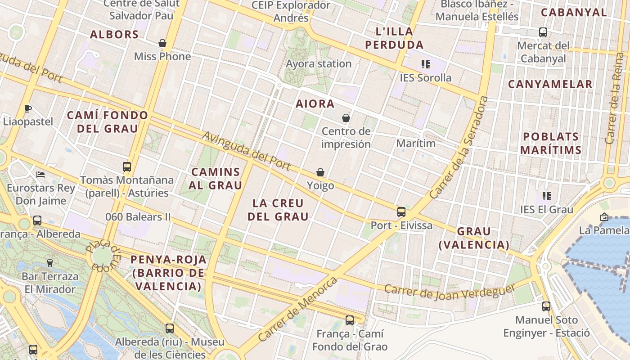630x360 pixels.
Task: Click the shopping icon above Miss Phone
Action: [162, 43]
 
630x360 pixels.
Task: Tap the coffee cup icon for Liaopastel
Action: [28, 108]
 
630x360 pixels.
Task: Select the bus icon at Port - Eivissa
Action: [401, 212]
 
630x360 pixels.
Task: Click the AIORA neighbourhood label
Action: [315, 104]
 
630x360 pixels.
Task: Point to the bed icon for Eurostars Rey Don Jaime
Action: [40, 174]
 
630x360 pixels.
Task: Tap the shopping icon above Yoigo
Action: [320, 172]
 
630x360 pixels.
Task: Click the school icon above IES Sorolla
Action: [425, 64]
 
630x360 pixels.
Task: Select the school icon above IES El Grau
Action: [547, 196]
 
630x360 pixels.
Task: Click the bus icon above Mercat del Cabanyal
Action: [543, 32]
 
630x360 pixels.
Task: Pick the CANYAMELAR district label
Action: [550, 84]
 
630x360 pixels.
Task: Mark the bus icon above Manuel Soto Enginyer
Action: [546, 306]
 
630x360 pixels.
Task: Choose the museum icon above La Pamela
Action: [604, 217]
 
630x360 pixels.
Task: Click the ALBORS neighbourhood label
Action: [114, 35]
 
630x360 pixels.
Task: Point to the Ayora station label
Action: [319, 63]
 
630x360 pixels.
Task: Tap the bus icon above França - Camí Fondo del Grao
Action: [350, 320]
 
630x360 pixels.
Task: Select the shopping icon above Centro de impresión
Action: [346, 118]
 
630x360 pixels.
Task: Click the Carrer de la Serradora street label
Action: [459, 148]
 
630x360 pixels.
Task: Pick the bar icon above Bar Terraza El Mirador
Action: [50, 263]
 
